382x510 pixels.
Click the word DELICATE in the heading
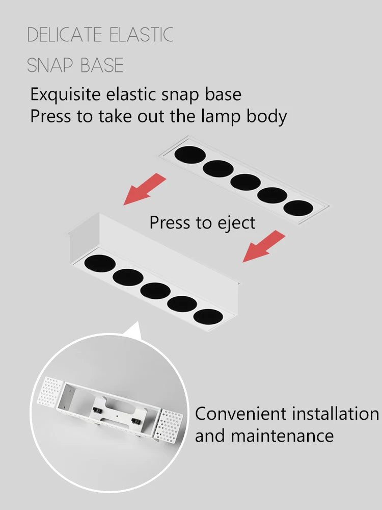[64, 35]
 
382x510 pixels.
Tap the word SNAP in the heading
[50, 65]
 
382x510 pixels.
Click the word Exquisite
[65, 95]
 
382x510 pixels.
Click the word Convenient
[241, 414]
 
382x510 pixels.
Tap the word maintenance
[282, 436]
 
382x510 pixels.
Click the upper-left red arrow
[145, 189]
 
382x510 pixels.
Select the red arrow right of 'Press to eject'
[264, 246]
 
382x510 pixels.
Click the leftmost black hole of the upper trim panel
[190, 155]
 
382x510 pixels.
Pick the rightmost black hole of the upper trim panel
[298, 208]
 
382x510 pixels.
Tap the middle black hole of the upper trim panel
[245, 182]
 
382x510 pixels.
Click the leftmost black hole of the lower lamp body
[100, 264]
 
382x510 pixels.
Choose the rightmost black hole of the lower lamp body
[208, 317]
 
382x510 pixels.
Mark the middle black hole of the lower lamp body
[155, 291]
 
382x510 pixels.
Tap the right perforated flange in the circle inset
[168, 426]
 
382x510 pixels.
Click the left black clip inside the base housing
[97, 411]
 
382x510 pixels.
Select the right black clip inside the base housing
[136, 422]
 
